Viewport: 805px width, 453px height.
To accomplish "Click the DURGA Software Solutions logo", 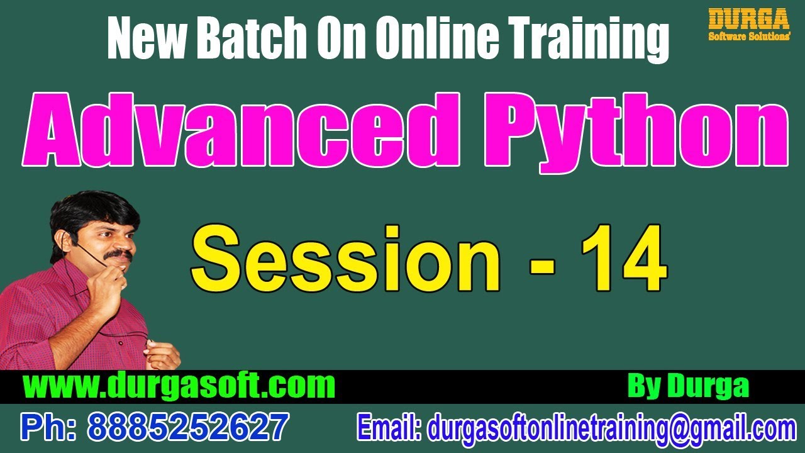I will tap(748, 25).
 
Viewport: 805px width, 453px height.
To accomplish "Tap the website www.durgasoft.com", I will tap(179, 385).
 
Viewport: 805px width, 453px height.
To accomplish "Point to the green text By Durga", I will tap(688, 386).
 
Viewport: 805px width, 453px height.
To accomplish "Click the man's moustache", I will tap(118, 256).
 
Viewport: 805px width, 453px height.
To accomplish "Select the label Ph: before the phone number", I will tap(50, 427).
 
